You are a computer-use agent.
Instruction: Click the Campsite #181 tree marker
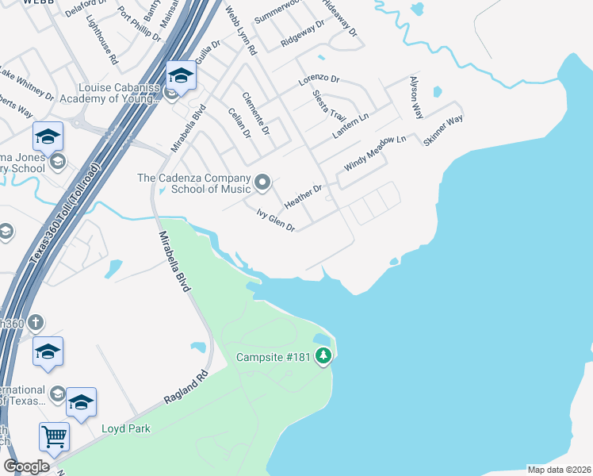click(x=323, y=357)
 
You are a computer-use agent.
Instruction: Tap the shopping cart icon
click(x=54, y=435)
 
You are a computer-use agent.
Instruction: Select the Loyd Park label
click(x=125, y=428)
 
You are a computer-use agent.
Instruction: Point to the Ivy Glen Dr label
click(x=275, y=221)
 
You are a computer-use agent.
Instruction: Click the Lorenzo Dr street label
click(x=319, y=81)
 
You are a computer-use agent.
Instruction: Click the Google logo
click(x=26, y=466)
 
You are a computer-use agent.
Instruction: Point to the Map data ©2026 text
click(x=559, y=470)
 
